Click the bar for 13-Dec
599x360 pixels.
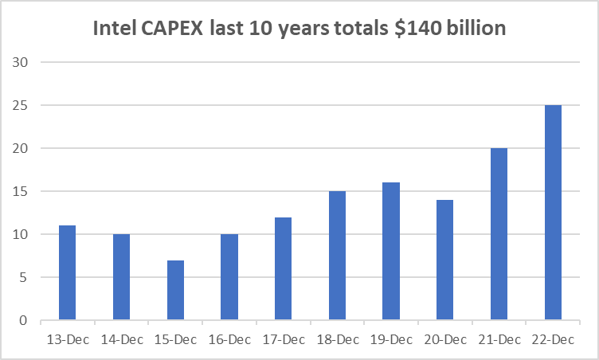coord(67,273)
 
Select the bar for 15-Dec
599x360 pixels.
coord(175,291)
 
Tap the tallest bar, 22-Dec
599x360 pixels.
coord(553,213)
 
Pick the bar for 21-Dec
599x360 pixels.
coord(499,234)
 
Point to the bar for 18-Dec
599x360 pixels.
coord(337,256)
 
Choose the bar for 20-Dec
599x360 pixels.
coord(444,260)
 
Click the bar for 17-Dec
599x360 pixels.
coord(283,268)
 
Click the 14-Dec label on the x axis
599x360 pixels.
coord(121,338)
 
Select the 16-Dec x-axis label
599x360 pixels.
coord(229,338)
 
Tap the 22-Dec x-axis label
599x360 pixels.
coord(553,338)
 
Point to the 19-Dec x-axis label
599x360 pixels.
coord(391,338)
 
